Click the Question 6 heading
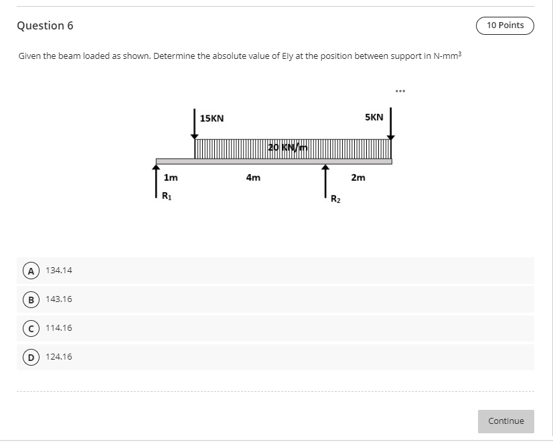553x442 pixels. [45, 26]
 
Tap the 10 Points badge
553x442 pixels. [505, 25]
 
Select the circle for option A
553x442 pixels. [29, 271]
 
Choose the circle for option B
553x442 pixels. [29, 299]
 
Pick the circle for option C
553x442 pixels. [29, 328]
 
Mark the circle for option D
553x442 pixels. [29, 357]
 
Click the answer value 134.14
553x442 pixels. [59, 271]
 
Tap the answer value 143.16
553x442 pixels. [59, 299]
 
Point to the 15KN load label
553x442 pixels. [212, 119]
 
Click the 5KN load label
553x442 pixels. [374, 117]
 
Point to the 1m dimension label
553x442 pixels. [171, 178]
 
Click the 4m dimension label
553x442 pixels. [253, 178]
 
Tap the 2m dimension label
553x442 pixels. [358, 178]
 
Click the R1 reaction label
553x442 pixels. [167, 196]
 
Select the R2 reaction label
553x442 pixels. [336, 199]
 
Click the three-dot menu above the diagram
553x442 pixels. [400, 90]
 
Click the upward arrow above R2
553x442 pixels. [325, 181]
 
